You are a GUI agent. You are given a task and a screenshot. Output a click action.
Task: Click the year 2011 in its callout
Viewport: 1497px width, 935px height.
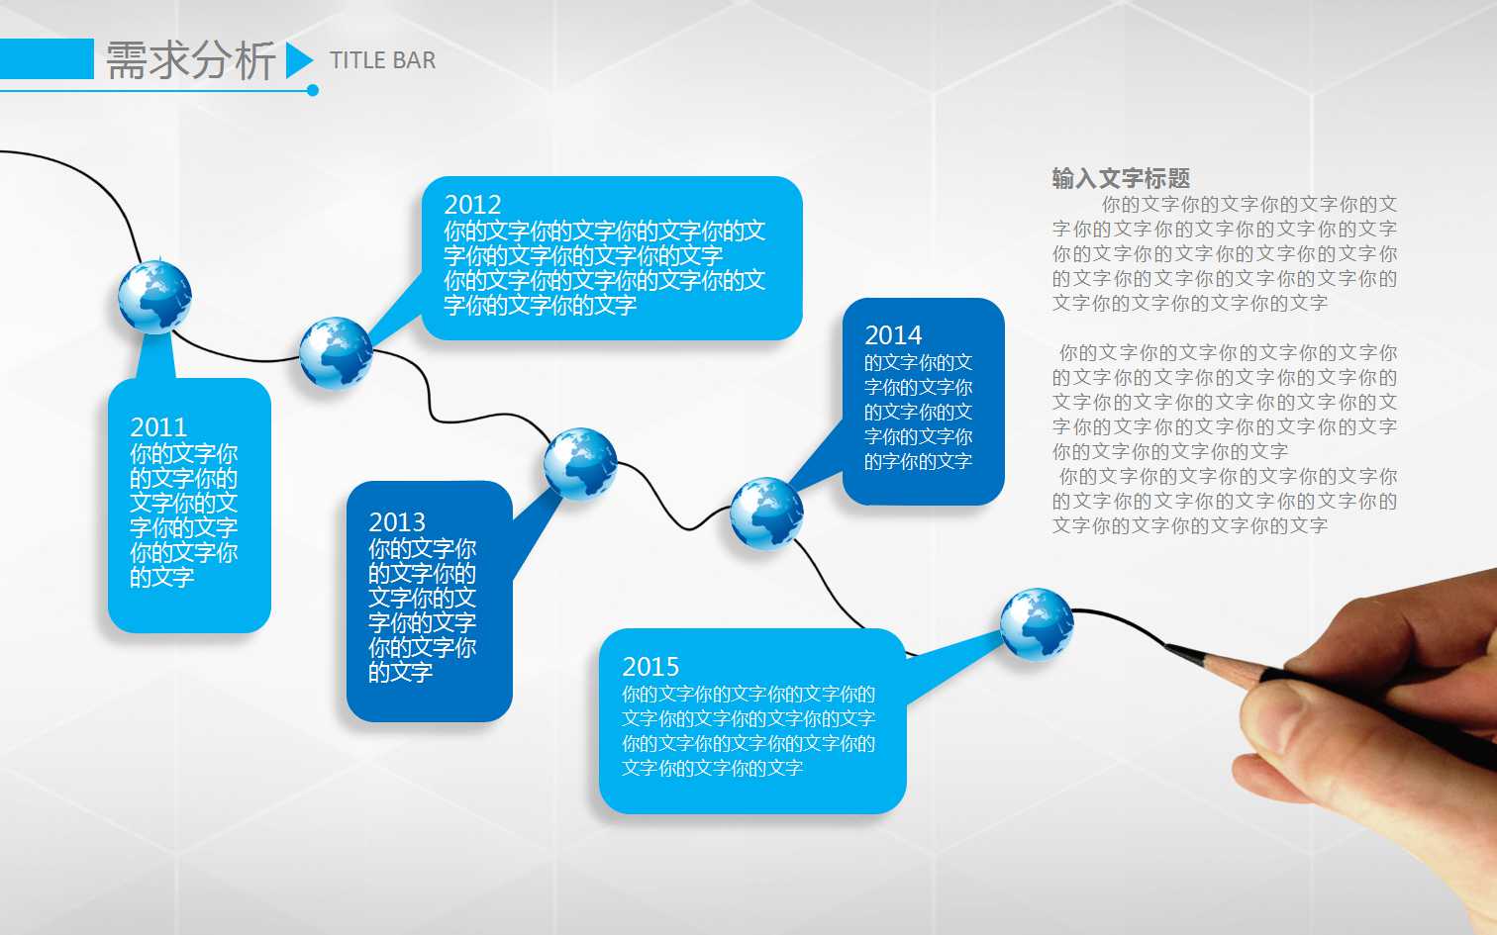(x=158, y=427)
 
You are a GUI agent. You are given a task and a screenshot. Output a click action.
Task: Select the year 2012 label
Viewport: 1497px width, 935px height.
(x=472, y=205)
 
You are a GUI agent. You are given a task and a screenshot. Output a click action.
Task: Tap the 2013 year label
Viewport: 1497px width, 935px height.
(x=397, y=522)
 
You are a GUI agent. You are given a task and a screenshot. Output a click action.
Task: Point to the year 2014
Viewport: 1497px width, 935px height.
(x=893, y=335)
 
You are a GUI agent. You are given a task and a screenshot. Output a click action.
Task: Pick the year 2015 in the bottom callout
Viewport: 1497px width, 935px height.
(x=650, y=667)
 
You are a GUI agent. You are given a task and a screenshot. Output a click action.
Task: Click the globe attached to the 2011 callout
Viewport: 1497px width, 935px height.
(x=154, y=297)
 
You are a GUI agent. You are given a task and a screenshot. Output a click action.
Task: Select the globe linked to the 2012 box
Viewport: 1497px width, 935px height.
(x=336, y=353)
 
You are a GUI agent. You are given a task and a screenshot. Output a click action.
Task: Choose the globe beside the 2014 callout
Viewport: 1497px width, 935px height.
(x=766, y=513)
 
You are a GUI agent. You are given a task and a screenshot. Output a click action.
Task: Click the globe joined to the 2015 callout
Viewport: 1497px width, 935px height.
(x=1037, y=624)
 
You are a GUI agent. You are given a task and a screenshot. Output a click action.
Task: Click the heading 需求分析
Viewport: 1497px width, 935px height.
(x=190, y=61)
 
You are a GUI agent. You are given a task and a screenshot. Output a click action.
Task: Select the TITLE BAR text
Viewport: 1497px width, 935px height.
(x=382, y=61)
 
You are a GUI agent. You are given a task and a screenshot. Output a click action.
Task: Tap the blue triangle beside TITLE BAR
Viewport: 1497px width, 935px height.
(x=297, y=61)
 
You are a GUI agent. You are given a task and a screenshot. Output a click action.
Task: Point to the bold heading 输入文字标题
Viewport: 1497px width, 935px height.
(x=1121, y=179)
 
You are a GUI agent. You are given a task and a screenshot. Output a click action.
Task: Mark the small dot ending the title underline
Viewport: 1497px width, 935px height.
(x=313, y=91)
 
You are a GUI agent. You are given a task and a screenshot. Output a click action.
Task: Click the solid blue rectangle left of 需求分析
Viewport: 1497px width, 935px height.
(x=47, y=59)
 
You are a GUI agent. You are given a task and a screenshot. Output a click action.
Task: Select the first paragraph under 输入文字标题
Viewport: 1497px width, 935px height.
(x=1225, y=254)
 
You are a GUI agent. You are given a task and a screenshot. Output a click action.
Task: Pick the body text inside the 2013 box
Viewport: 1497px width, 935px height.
(x=423, y=610)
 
